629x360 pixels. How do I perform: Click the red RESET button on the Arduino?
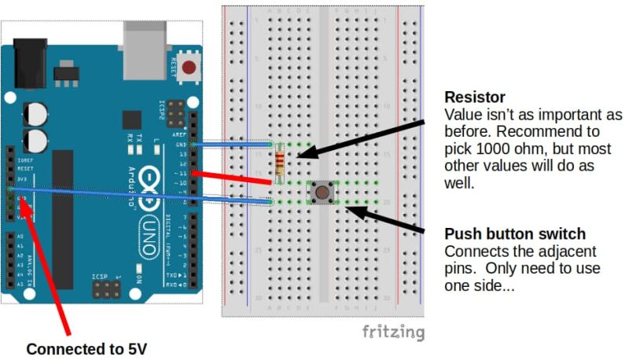pos(188,68)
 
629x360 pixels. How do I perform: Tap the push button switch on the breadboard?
pos(321,191)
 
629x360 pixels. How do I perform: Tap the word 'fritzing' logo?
pos(392,331)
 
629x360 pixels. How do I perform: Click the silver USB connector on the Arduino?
pos(146,43)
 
